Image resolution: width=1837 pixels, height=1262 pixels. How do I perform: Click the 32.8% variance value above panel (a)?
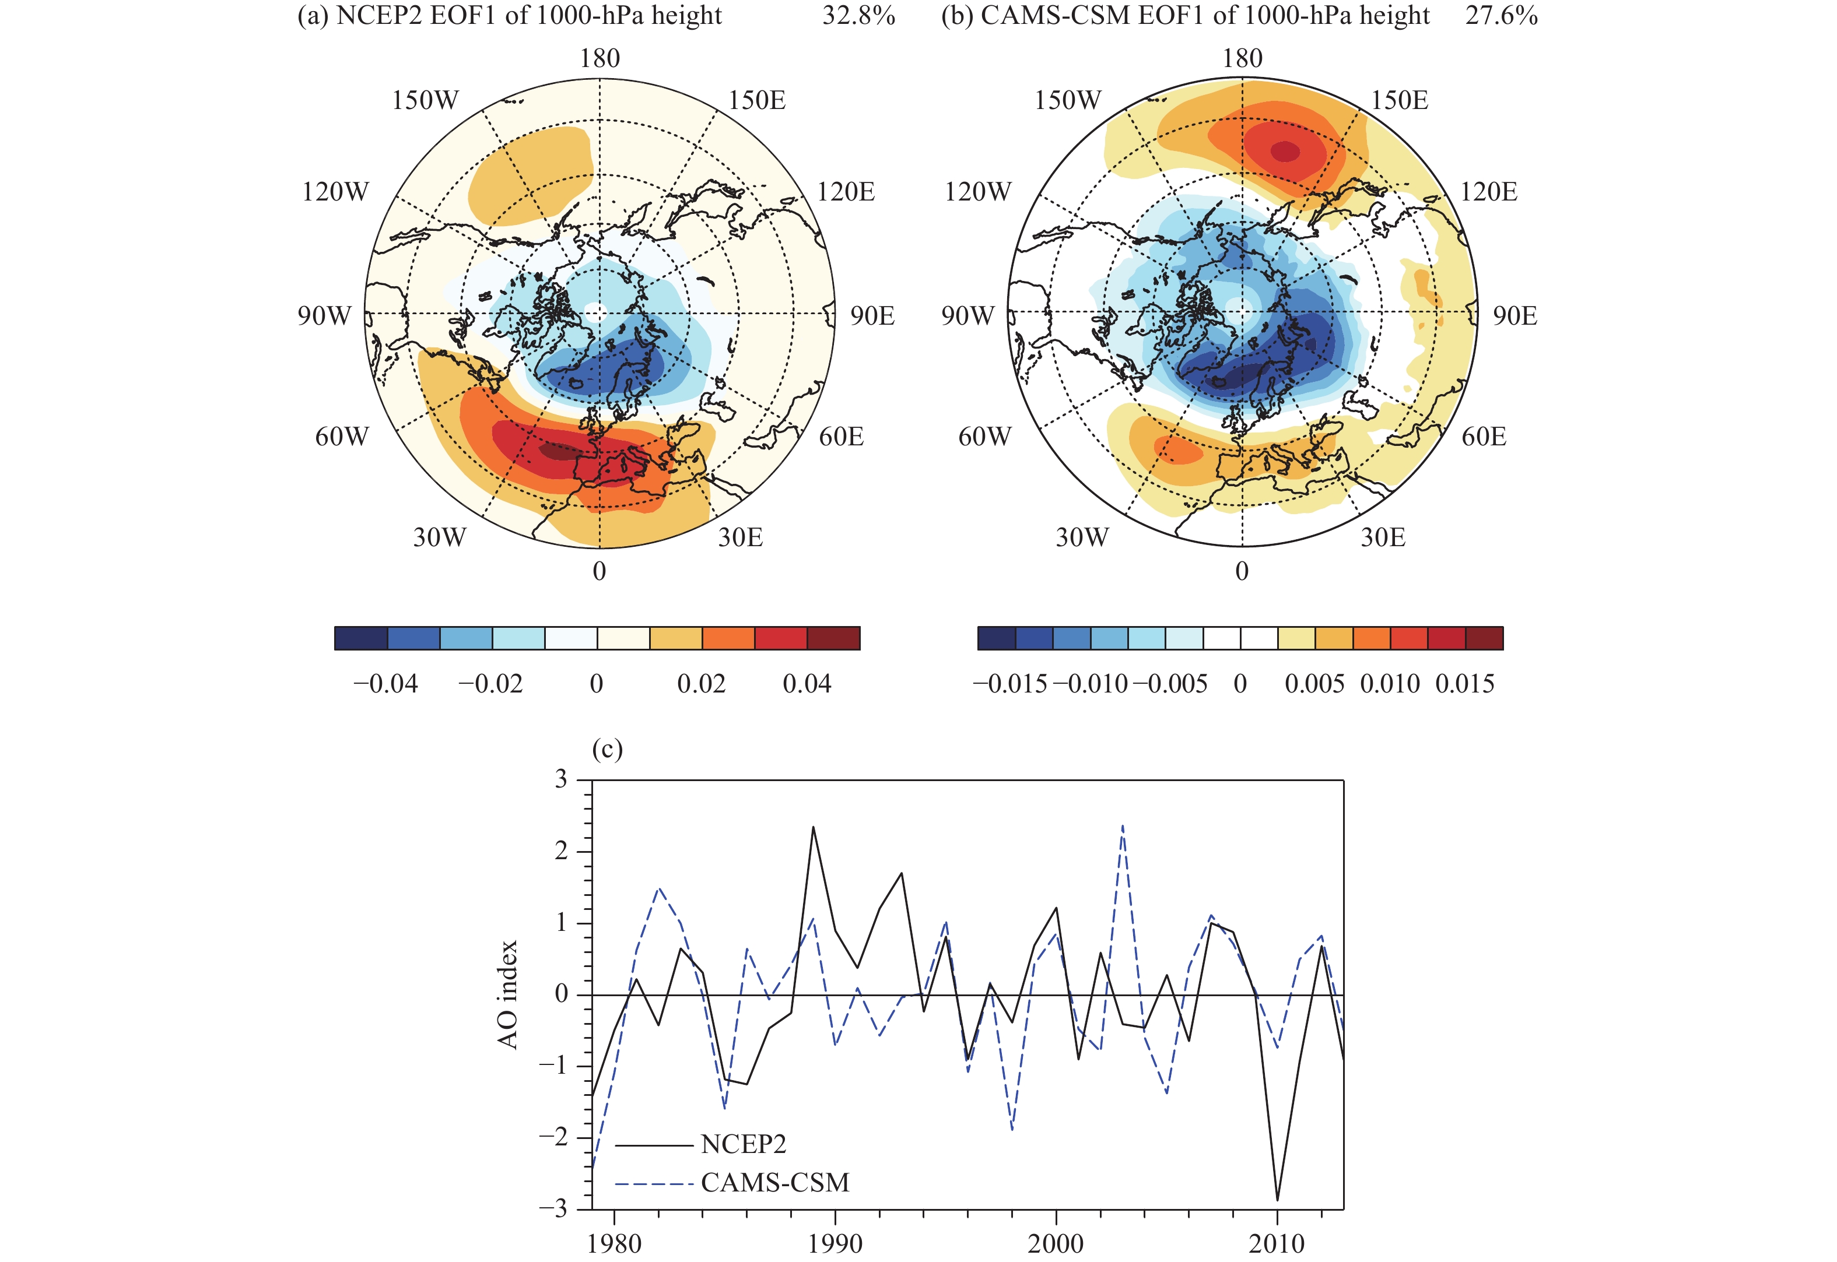[858, 16]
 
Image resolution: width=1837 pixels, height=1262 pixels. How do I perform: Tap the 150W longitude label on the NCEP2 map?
[425, 100]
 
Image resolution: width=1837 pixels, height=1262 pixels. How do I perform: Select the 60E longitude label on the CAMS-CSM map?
[1484, 437]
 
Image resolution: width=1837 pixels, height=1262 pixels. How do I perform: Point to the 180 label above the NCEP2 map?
[600, 58]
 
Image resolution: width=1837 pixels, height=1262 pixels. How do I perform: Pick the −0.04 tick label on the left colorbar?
[385, 684]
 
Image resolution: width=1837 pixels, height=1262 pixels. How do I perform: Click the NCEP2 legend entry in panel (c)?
[743, 1144]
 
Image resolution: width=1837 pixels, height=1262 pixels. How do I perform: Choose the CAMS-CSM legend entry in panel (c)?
[774, 1182]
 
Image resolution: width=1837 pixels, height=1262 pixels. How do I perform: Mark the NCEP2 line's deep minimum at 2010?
[1277, 1200]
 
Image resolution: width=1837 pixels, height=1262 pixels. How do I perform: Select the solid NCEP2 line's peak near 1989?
[814, 827]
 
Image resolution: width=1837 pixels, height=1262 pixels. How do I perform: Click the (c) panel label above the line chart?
[608, 749]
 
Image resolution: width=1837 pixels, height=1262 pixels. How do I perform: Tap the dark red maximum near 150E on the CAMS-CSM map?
[1284, 150]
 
